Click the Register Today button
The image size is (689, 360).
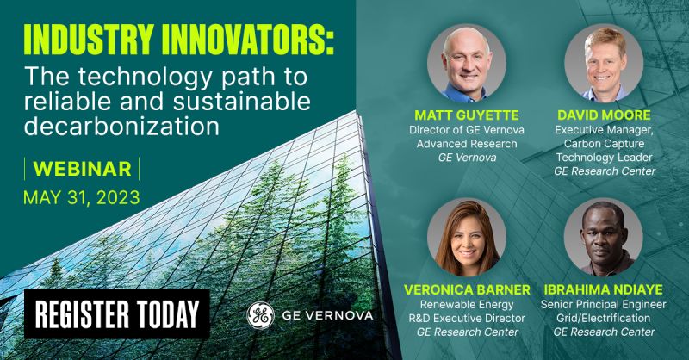pyautogui.click(x=115, y=314)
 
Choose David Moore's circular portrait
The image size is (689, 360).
pyautogui.click(x=605, y=63)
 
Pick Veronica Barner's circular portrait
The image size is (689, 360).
pyautogui.click(x=466, y=236)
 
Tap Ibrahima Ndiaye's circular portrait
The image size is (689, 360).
pyautogui.click(x=605, y=236)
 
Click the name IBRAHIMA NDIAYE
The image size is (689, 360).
pyautogui.click(x=605, y=289)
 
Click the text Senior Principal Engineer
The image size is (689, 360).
pyautogui.click(x=605, y=303)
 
